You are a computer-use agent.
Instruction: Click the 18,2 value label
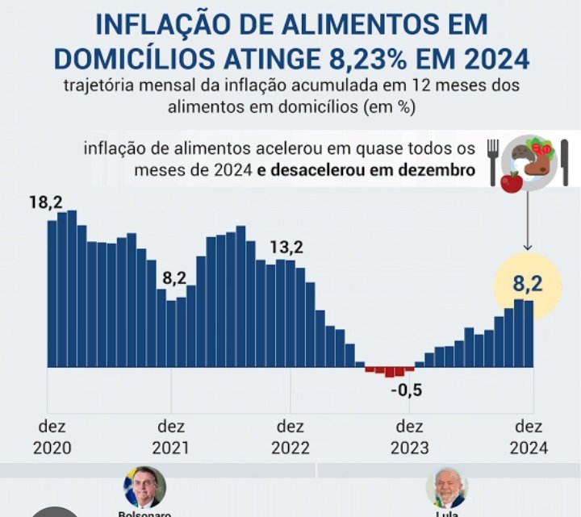pyautogui.click(x=46, y=202)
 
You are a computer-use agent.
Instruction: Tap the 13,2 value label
pyautogui.click(x=286, y=247)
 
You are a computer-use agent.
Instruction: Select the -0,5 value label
pyautogui.click(x=406, y=391)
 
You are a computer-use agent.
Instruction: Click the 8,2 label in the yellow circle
pyautogui.click(x=527, y=282)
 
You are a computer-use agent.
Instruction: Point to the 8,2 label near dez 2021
pyautogui.click(x=174, y=278)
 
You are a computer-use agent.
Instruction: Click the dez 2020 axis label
pyautogui.click(x=52, y=437)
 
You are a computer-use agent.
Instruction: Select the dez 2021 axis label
pyautogui.click(x=171, y=437)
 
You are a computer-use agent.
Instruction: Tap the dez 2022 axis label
pyautogui.click(x=290, y=437)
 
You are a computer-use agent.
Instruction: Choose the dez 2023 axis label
pyautogui.click(x=409, y=437)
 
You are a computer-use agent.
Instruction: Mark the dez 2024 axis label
pyautogui.click(x=529, y=437)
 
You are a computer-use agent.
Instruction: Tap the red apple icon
pyautogui.click(x=510, y=181)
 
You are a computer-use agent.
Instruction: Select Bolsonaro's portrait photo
pyautogui.click(x=144, y=487)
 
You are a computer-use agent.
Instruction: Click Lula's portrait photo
pyautogui.click(x=446, y=487)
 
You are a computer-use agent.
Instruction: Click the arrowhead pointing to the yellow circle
pyautogui.click(x=527, y=248)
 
